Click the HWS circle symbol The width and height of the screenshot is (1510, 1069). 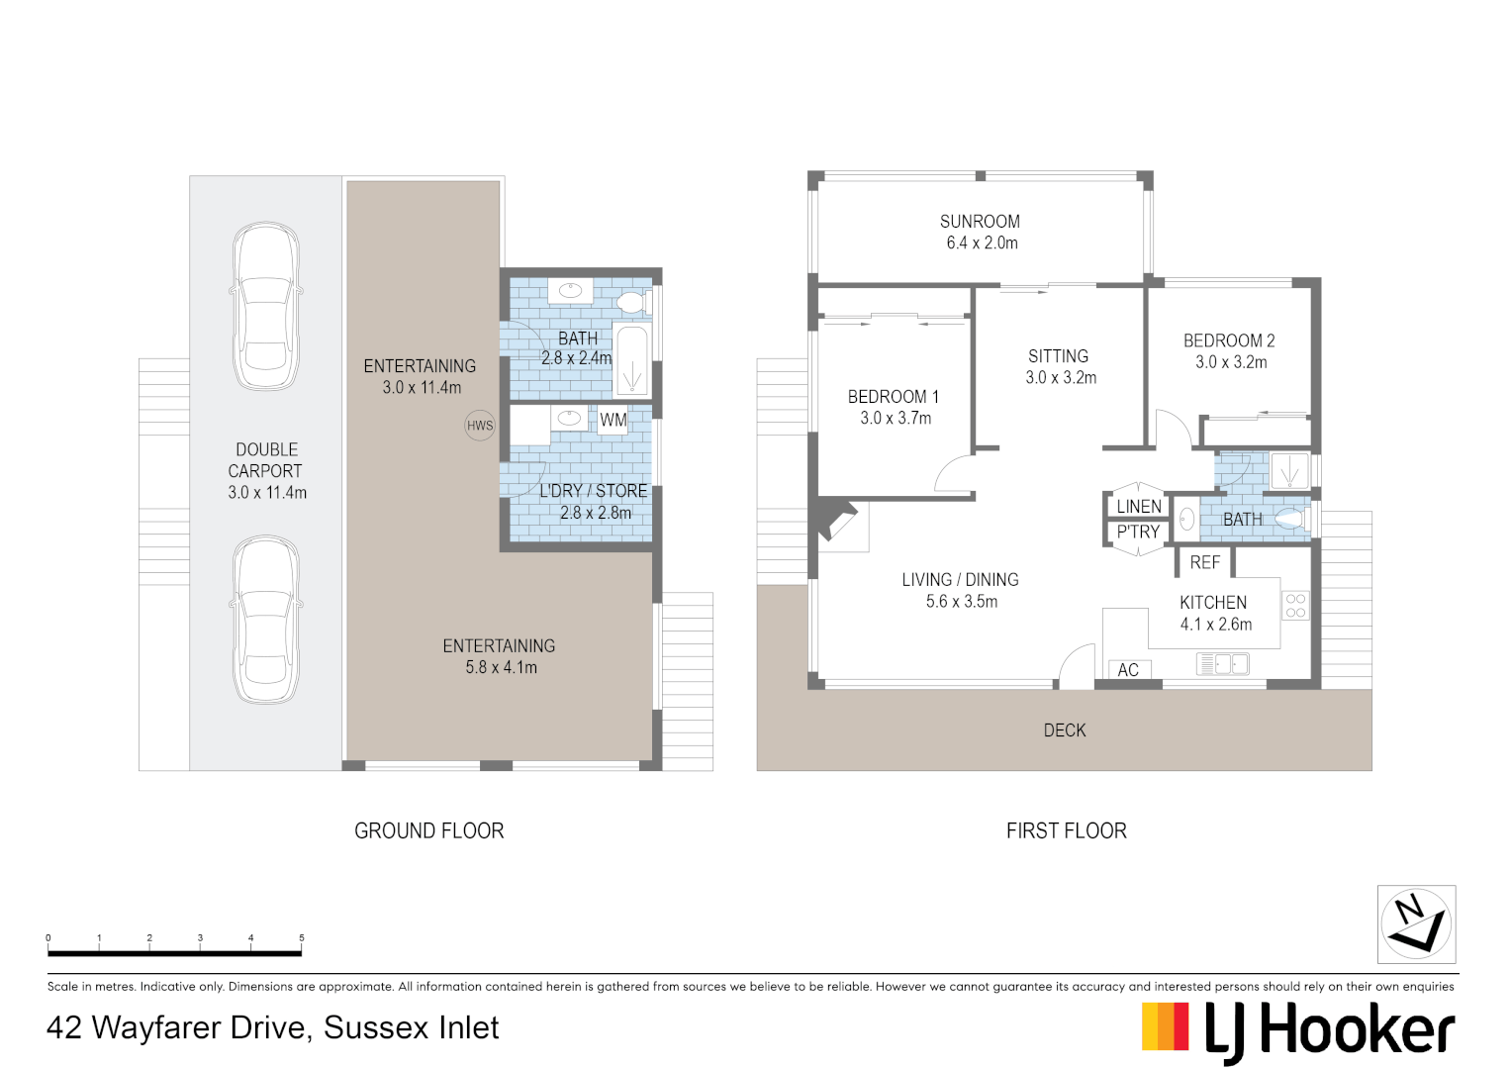pos(480,426)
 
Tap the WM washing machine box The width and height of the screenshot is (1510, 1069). pos(613,420)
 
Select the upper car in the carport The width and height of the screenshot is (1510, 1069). pos(266,306)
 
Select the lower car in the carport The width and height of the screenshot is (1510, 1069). pos(266,621)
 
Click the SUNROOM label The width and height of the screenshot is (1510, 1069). pos(980,222)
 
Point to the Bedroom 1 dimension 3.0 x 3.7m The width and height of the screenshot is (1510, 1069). pos(896,418)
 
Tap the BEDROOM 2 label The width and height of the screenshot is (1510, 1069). pos(1229,340)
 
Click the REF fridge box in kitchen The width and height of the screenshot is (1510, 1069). pos(1204,562)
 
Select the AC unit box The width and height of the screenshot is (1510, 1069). pos(1128,670)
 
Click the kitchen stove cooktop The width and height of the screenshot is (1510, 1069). pos(1295,606)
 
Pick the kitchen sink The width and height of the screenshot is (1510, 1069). pos(1223,664)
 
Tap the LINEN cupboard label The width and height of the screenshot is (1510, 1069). pos(1139,507)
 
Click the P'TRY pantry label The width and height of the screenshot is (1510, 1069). pos(1138,532)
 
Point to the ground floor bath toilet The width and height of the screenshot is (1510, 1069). pos(630,302)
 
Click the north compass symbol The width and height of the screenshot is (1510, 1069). pos(1416,923)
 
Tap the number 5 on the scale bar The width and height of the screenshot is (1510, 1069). pos(302,937)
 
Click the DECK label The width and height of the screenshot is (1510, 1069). pos(1065,730)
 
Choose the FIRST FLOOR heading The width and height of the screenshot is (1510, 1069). pos(1066,830)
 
